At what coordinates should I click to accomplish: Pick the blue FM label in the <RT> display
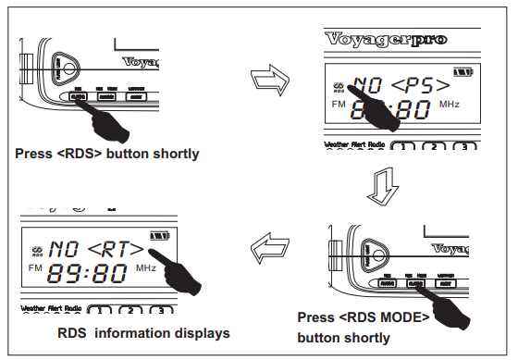35,268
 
